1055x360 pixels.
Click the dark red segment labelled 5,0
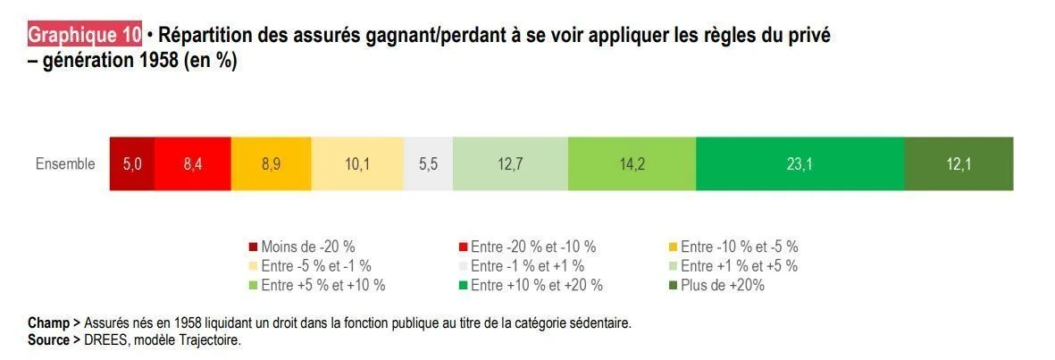pyautogui.click(x=132, y=163)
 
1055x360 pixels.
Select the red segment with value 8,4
pyautogui.click(x=193, y=163)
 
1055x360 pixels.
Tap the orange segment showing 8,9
pyautogui.click(x=271, y=163)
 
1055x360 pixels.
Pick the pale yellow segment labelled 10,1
pyautogui.click(x=357, y=163)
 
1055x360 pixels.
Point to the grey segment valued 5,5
pyautogui.click(x=429, y=163)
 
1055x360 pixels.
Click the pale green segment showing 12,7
pyautogui.click(x=510, y=163)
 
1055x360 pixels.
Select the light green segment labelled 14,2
pyautogui.click(x=632, y=163)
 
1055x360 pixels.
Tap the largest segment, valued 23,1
pyautogui.click(x=800, y=163)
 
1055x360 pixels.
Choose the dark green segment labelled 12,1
pyautogui.click(x=959, y=163)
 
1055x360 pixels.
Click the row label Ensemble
pyautogui.click(x=65, y=164)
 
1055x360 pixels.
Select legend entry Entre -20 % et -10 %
pyautogui.click(x=532, y=247)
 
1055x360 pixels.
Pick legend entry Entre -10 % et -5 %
pyautogui.click(x=739, y=247)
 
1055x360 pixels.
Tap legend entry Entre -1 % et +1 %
pyautogui.click(x=527, y=265)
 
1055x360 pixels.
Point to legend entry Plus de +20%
pyautogui.click(x=723, y=285)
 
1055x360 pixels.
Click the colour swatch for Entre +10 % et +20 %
pyautogui.click(x=463, y=285)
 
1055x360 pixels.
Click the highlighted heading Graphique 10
pyautogui.click(x=85, y=36)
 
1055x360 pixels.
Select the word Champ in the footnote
pyautogui.click(x=47, y=322)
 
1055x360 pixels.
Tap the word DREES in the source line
pyautogui.click(x=104, y=339)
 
